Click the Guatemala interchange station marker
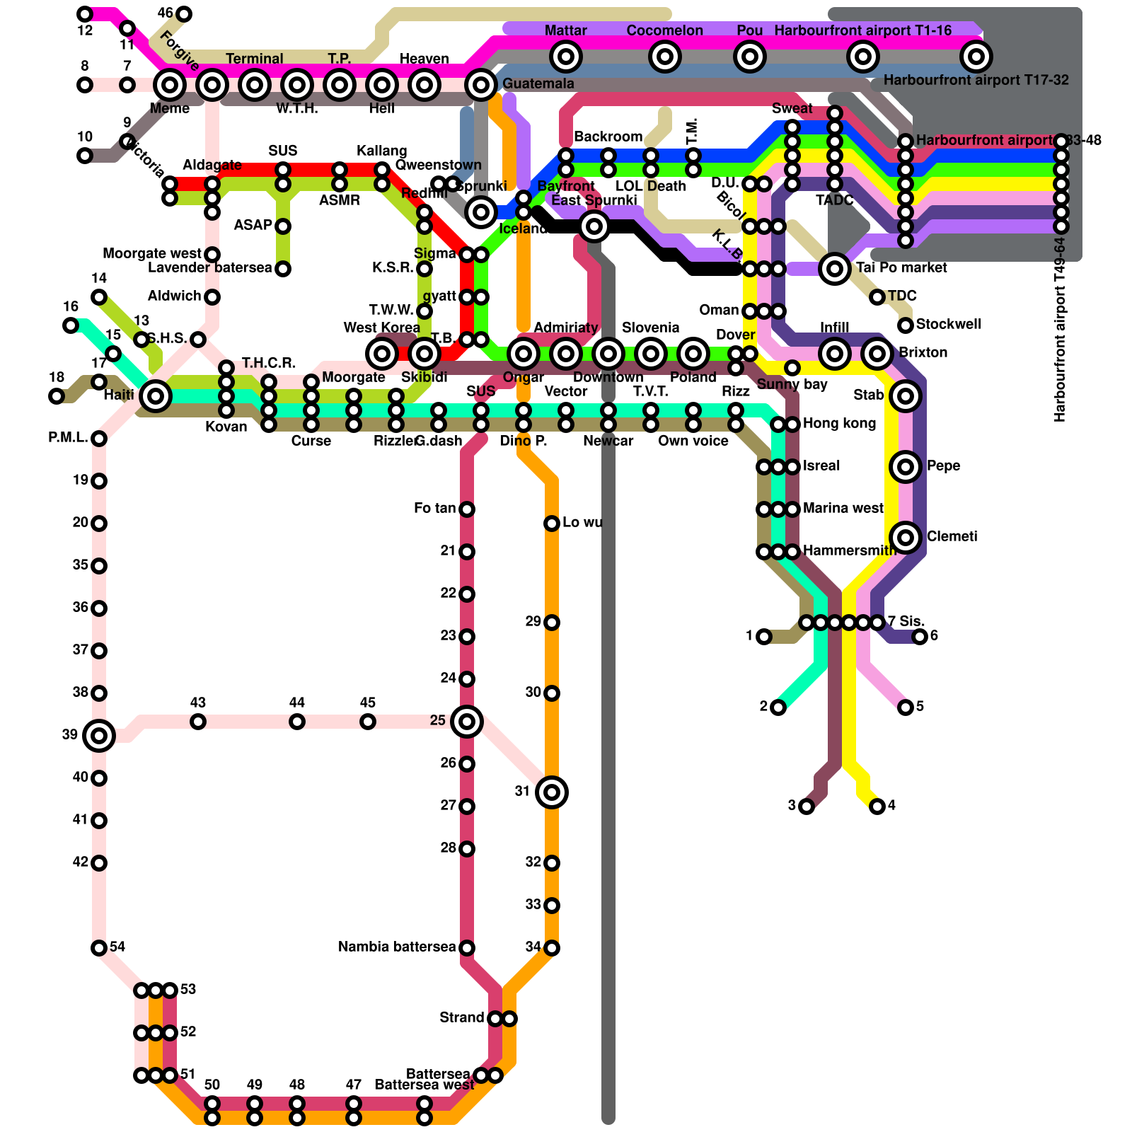[x=481, y=85]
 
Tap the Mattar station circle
[x=566, y=57]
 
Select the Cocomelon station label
[x=664, y=30]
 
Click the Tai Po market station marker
[x=835, y=269]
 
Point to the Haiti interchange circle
[x=156, y=396]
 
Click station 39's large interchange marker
[x=99, y=736]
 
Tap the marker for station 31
[x=552, y=792]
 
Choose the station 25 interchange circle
[x=467, y=722]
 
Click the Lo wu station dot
[x=552, y=524]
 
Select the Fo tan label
[x=434, y=509]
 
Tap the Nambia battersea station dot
[x=467, y=948]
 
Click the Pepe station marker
[x=906, y=467]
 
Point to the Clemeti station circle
[x=906, y=538]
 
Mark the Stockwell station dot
[x=906, y=325]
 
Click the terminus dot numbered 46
[x=184, y=14]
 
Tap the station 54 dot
[x=99, y=948]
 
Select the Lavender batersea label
[x=209, y=268]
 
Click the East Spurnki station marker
[x=594, y=226]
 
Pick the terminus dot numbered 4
[x=877, y=807]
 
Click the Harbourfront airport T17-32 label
[x=976, y=80]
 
